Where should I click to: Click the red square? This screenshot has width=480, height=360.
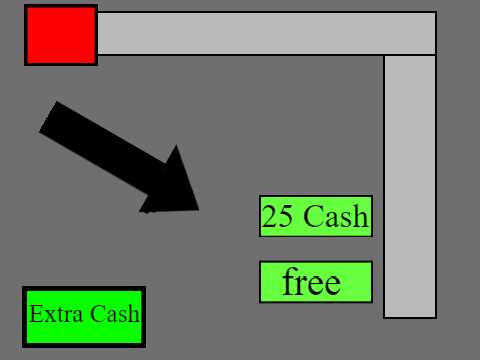point(61,35)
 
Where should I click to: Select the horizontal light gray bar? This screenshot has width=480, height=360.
point(267,33)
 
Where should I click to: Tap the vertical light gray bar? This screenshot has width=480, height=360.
point(410,187)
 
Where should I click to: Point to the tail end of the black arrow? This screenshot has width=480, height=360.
point(48,117)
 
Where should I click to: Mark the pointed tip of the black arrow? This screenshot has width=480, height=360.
point(199,210)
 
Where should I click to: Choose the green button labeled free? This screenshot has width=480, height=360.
point(316,282)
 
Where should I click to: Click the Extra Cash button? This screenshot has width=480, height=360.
point(84,317)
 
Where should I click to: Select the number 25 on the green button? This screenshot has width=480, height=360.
point(277,216)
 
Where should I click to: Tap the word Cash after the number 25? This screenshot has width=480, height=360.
point(336,216)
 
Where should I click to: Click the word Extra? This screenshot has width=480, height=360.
point(56,314)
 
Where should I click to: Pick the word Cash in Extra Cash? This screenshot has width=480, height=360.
point(115,313)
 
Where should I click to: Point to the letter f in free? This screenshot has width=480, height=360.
point(289,281)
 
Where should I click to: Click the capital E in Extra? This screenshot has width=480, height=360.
point(35,314)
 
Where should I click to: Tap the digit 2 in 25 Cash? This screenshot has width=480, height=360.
point(269,216)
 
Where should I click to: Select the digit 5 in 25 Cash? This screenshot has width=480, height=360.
point(286,216)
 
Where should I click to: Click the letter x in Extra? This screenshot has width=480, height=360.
point(49,316)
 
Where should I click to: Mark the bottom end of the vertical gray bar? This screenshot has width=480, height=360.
point(410,317)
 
